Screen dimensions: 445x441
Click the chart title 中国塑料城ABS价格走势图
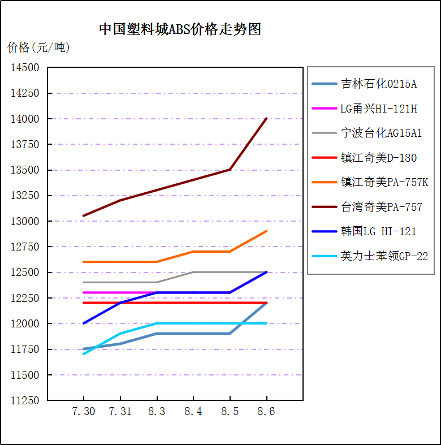tap(180, 29)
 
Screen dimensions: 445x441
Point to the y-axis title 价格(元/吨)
tap(39, 47)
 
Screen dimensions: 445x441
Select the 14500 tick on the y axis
tap(25, 68)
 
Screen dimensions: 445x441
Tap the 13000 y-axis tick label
tap(25, 221)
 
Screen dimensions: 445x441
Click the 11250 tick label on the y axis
tap(25, 400)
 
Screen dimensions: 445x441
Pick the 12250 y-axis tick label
tap(25, 298)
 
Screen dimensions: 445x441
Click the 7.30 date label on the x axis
tap(84, 411)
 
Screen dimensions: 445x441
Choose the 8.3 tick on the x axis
tap(157, 411)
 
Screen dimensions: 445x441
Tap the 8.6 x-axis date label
tap(266, 411)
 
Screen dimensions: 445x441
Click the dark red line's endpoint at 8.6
tap(266, 119)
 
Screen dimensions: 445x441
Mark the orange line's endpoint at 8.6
tap(266, 231)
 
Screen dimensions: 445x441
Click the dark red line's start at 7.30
tap(84, 215)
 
